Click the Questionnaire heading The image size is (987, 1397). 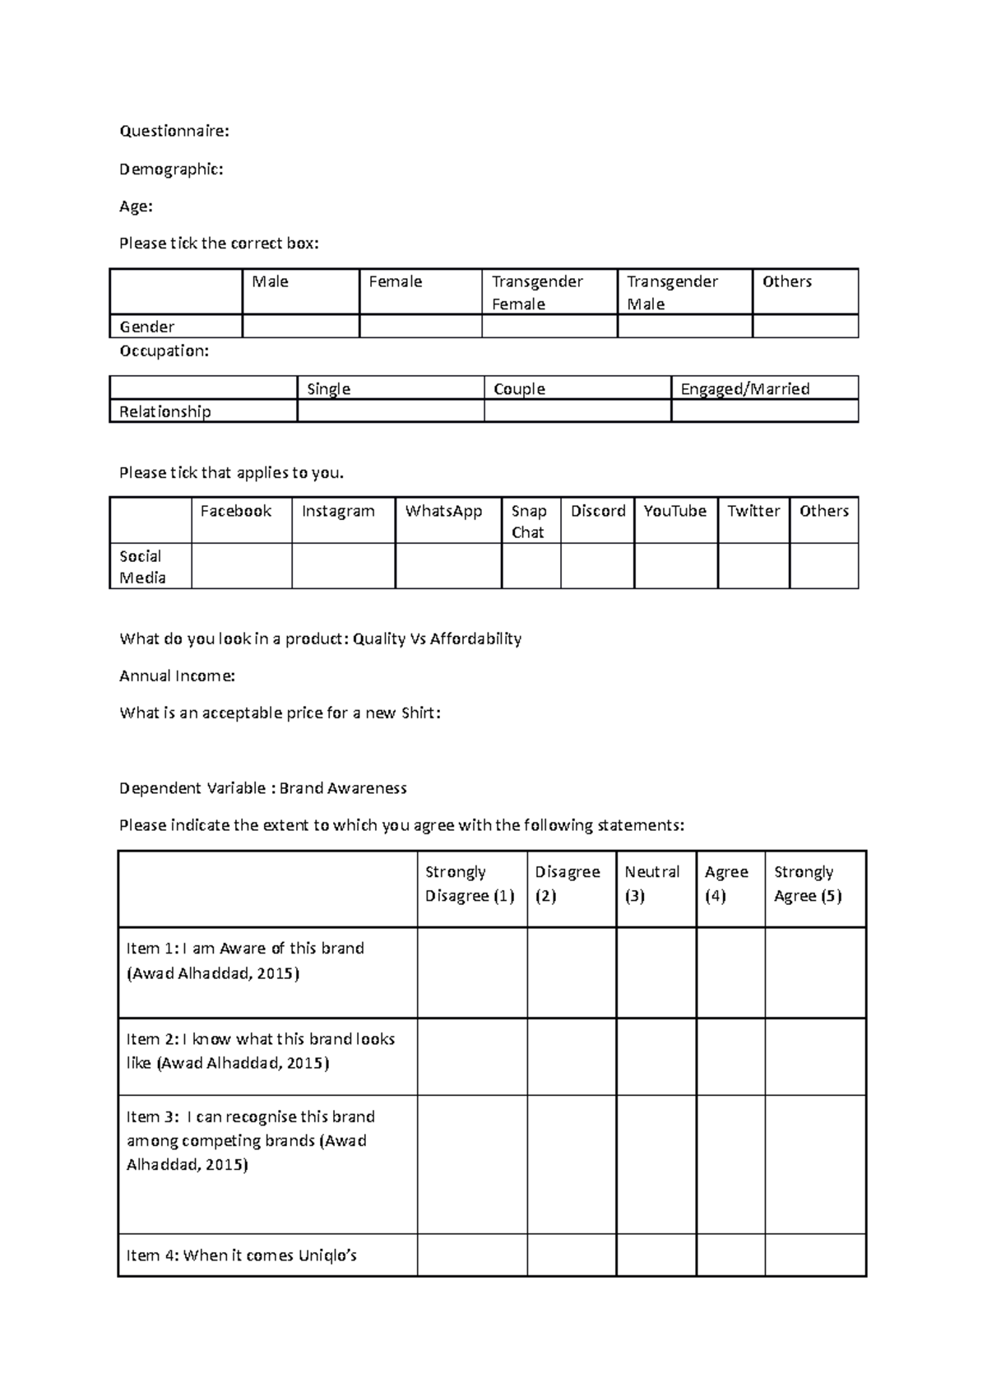(174, 131)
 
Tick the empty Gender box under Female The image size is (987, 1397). (420, 327)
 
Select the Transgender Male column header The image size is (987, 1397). (672, 292)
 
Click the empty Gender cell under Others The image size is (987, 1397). (805, 327)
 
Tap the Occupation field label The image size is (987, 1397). (164, 350)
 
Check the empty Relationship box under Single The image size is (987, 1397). (390, 411)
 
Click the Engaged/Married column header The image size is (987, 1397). (745, 388)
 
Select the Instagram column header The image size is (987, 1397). (338, 511)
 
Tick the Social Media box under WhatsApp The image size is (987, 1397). (448, 566)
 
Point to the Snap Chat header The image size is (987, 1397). (528, 521)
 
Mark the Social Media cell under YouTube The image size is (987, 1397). (675, 566)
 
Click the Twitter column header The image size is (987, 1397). (753, 511)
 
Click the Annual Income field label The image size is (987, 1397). (177, 675)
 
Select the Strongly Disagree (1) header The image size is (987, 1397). (470, 884)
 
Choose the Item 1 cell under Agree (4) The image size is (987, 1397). (730, 972)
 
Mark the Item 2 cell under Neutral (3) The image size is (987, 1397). (656, 1056)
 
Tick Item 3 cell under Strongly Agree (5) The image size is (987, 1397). (815, 1163)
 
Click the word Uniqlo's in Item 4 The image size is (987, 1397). (327, 1255)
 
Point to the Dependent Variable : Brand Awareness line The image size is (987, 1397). (263, 788)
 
